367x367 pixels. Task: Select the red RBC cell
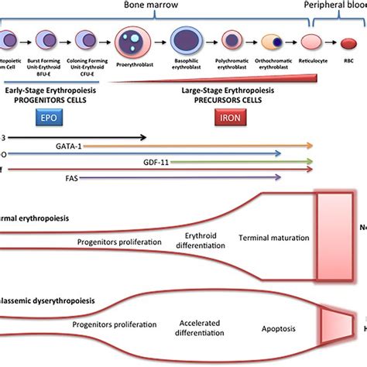[x=348, y=40]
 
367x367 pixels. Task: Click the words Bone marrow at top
[x=177, y=5]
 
